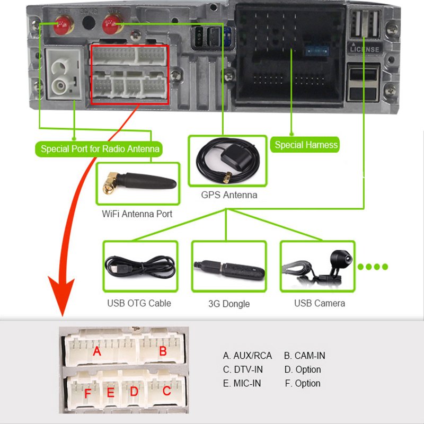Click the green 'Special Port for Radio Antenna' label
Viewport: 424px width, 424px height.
[100, 149]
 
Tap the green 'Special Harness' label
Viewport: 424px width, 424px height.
[306, 145]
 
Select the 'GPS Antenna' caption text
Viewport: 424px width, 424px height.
[229, 195]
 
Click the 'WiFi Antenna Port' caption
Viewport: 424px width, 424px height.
[137, 214]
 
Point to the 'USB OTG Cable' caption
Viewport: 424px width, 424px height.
[139, 303]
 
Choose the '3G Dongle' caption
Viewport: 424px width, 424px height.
[229, 304]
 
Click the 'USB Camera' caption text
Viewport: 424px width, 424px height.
[319, 303]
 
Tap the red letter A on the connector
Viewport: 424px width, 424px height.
[96, 351]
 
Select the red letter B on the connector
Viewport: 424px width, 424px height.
[163, 350]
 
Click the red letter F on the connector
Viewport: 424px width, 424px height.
[88, 394]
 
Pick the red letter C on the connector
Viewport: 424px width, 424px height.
[166, 392]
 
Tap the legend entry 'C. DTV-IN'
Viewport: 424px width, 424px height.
[243, 369]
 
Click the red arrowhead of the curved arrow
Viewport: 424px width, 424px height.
[63, 304]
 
